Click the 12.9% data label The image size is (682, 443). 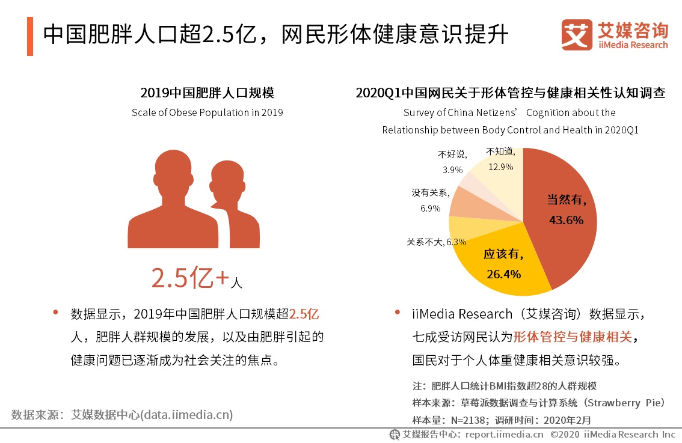500,167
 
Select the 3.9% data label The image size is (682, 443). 452,170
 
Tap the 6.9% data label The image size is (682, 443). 430,209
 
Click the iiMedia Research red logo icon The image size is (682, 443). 577,35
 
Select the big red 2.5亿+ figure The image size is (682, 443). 189,278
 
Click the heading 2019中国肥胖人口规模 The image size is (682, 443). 207,93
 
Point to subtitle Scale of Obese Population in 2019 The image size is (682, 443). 207,112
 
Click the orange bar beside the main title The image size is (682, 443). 30,36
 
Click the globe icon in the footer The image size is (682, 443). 395,434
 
